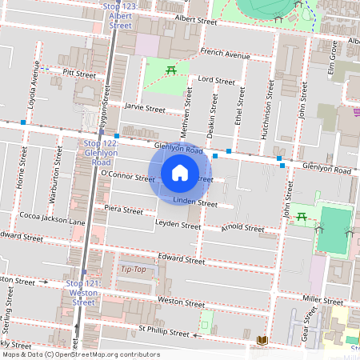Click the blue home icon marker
click(180, 173)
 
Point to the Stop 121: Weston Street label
click(83, 293)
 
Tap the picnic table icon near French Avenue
click(171, 70)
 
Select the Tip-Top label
click(133, 269)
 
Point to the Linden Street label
click(194, 203)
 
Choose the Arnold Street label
click(242, 229)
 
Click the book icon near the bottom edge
click(262, 341)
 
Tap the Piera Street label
click(124, 210)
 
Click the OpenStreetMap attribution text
click(80, 354)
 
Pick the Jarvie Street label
click(144, 108)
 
